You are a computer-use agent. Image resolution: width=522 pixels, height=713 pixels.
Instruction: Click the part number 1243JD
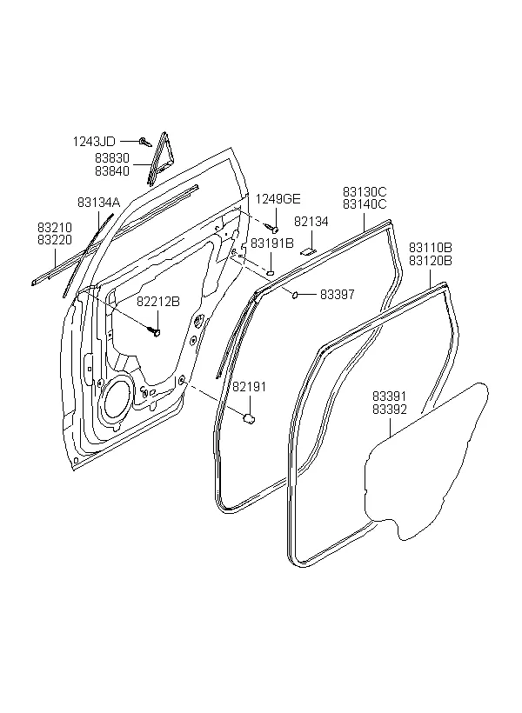point(94,142)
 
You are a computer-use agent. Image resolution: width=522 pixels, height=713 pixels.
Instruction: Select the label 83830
point(112,157)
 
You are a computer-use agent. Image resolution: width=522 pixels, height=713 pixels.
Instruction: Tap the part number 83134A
point(99,203)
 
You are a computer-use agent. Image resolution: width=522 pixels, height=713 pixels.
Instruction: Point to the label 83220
point(55,240)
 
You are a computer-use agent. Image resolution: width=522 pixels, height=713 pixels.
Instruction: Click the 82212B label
point(159,302)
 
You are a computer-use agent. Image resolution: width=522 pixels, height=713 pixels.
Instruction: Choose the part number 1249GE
point(278,199)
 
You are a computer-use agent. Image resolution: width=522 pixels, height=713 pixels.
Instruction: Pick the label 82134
point(311,222)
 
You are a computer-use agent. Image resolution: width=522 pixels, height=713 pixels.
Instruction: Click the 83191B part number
point(272,243)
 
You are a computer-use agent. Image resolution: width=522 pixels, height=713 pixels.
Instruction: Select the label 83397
point(338,294)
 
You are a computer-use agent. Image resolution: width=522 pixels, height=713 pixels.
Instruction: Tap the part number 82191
point(250,387)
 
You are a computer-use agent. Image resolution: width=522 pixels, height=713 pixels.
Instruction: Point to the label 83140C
point(365,204)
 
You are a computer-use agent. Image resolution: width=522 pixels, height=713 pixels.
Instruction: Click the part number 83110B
point(431,248)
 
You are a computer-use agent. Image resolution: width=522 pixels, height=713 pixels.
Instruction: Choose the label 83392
point(390,410)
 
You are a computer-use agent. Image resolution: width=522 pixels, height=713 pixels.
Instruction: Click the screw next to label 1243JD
point(145,142)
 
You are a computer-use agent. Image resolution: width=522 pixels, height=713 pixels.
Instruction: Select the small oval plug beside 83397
point(295,296)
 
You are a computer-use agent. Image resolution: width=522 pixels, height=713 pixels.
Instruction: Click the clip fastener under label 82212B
point(155,331)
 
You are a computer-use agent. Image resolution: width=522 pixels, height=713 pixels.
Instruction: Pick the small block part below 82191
point(249,418)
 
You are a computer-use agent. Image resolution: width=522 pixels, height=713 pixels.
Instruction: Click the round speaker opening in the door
point(117,400)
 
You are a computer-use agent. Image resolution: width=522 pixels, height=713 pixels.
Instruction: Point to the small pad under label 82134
point(308,250)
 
